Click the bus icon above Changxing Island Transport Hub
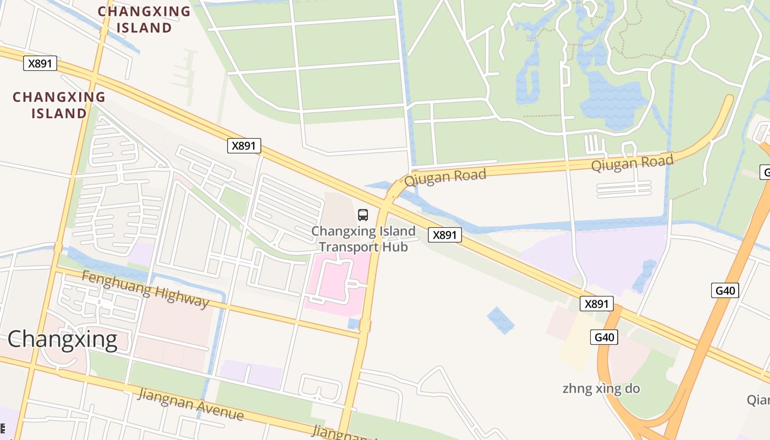[x=363, y=215]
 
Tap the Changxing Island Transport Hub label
[x=364, y=239]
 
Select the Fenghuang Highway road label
[x=145, y=289]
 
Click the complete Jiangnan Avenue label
[x=190, y=404]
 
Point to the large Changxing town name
[x=62, y=339]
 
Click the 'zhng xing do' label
[x=601, y=389]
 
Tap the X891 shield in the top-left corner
[x=40, y=63]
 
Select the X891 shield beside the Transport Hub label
[x=444, y=235]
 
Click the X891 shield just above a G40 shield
[x=596, y=304]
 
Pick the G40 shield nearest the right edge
[x=724, y=290]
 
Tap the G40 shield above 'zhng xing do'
[x=603, y=337]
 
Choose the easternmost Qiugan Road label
[x=632, y=163]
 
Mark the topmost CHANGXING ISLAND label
[x=144, y=19]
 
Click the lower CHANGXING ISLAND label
[x=59, y=105]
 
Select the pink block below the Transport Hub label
[x=335, y=283]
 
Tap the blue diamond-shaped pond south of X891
[x=501, y=320]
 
